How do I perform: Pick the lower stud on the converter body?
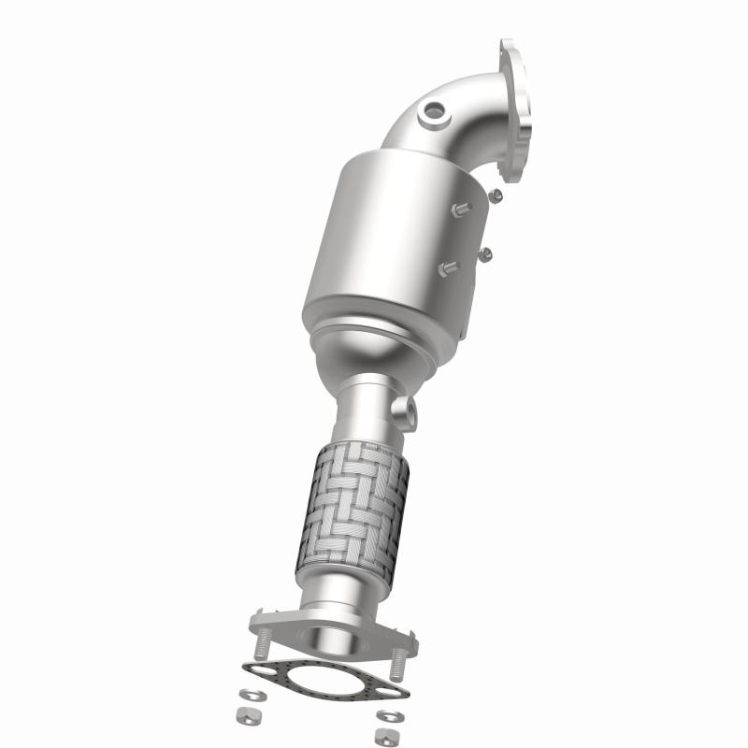coord(446,270)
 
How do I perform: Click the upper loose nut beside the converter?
coord(496,194)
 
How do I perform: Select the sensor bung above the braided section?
coord(404,410)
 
